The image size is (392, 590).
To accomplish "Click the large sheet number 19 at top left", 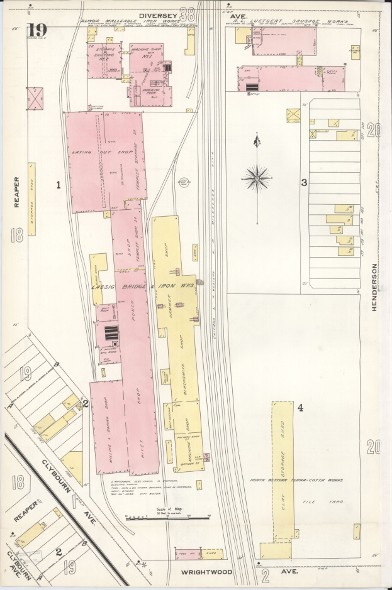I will pos(37,30).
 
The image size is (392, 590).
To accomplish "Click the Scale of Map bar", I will pos(167,517).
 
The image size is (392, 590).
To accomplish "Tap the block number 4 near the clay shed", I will pos(300,408).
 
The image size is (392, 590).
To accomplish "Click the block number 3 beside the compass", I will pos(303,182).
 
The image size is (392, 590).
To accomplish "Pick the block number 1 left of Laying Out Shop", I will pos(58,185).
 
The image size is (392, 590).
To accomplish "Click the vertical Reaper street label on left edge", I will pos(17,192).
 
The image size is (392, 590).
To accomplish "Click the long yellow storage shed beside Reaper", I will pos(31,199).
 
